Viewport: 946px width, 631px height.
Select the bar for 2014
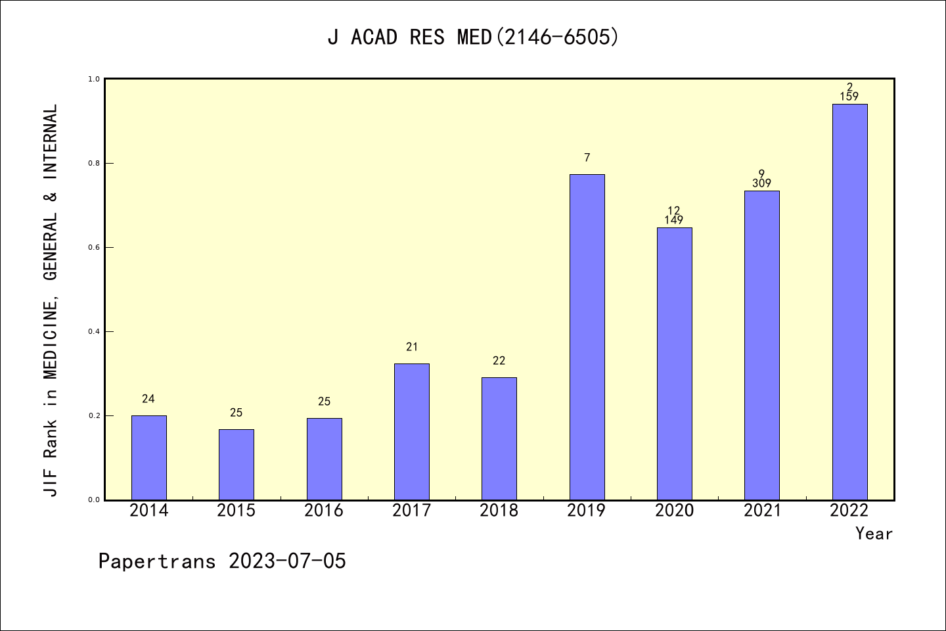pyautogui.click(x=148, y=457)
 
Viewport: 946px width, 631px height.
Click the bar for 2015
pyautogui.click(x=236, y=465)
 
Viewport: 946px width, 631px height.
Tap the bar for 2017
pyautogui.click(x=412, y=432)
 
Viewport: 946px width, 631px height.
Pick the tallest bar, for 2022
pyautogui.click(x=849, y=302)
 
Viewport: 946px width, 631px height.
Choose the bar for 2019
pyautogui.click(x=587, y=337)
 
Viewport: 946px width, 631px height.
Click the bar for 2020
pyautogui.click(x=674, y=363)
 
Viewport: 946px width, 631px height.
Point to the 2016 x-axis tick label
pyautogui.click(x=324, y=511)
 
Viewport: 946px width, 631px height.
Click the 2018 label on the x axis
pyautogui.click(x=499, y=511)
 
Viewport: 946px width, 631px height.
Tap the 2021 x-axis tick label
pyautogui.click(x=762, y=511)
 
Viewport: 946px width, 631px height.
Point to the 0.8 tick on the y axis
pyautogui.click(x=94, y=163)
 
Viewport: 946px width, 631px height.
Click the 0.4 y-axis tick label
pyautogui.click(x=94, y=331)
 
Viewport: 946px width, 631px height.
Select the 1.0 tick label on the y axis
pyautogui.click(x=94, y=79)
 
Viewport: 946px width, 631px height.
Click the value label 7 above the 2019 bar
pyautogui.click(x=587, y=158)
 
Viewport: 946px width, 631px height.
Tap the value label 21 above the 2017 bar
pyautogui.click(x=412, y=347)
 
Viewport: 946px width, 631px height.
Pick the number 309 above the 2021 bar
pyautogui.click(x=761, y=184)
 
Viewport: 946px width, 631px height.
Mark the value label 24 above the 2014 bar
pyautogui.click(x=148, y=399)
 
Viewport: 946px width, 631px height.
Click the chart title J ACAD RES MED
pyautogui.click(x=473, y=37)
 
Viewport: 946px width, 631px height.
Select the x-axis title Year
pyautogui.click(x=874, y=534)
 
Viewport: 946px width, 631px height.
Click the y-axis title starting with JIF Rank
pyautogui.click(x=51, y=300)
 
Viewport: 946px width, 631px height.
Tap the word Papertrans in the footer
pyautogui.click(x=157, y=561)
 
